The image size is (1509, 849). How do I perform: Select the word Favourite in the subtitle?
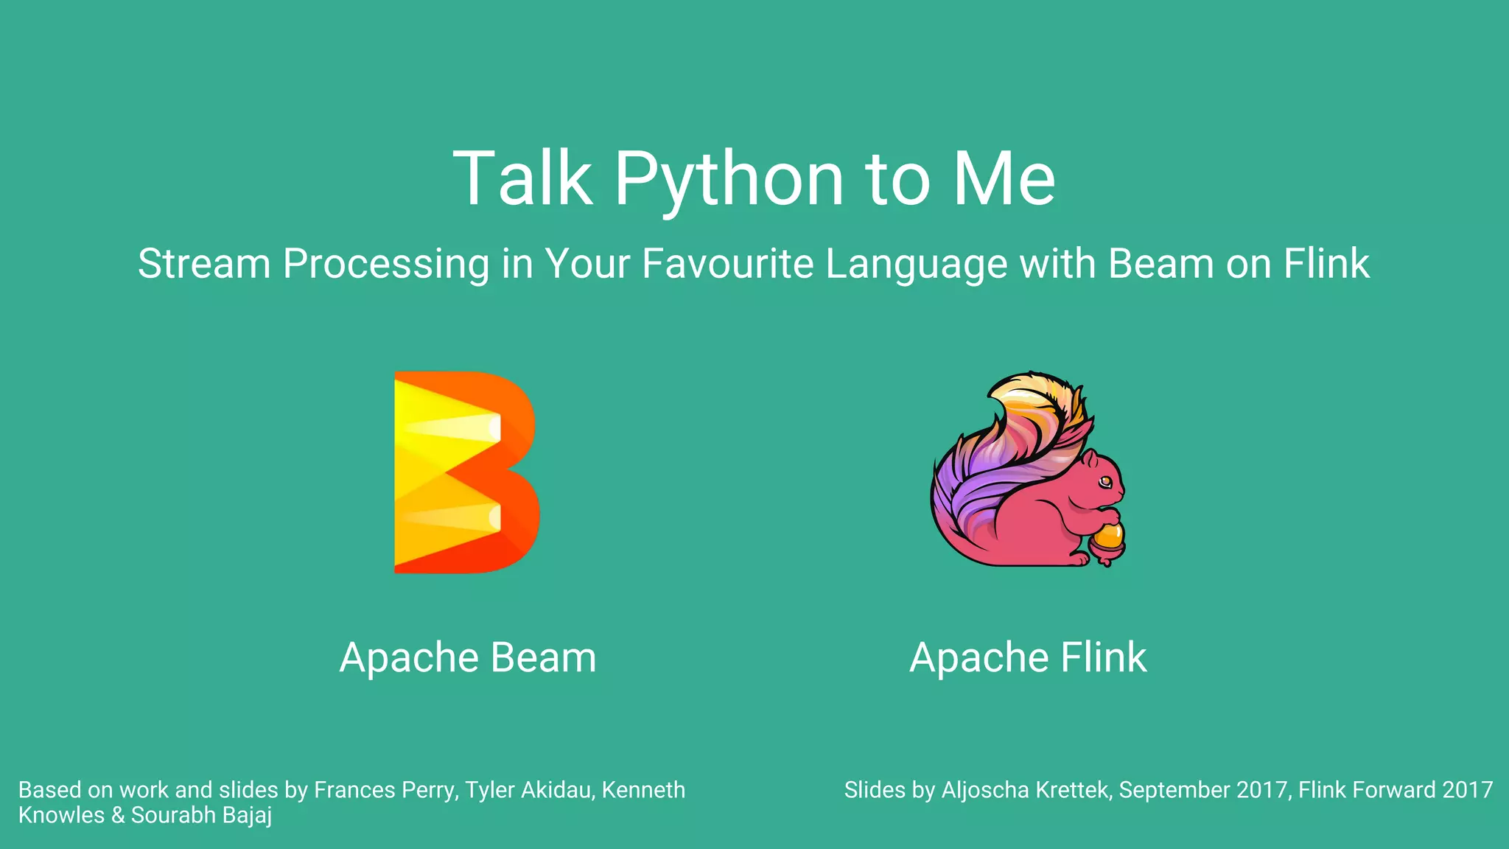[727, 263]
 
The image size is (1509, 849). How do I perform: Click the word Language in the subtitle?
[916, 265]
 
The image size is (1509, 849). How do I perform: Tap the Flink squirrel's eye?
[1104, 482]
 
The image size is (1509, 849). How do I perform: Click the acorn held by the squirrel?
[1107, 541]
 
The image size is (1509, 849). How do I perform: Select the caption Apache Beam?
[467, 657]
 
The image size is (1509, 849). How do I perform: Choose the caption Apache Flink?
[1028, 657]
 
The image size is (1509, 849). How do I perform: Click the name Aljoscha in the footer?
[985, 790]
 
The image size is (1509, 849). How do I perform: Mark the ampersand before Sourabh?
[118, 815]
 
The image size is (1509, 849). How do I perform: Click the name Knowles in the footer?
[61, 815]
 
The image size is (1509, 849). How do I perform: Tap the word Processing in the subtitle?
[386, 265]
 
